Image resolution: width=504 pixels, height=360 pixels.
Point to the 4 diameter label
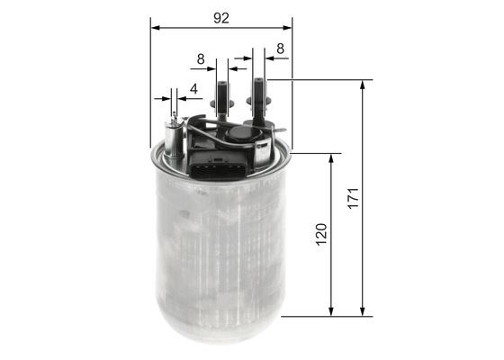[x=193, y=89]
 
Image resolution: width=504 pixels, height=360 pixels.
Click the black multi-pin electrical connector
[x=214, y=163]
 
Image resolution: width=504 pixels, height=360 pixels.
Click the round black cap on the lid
[x=240, y=133]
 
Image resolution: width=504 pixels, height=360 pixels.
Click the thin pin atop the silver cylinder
[x=174, y=118]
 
